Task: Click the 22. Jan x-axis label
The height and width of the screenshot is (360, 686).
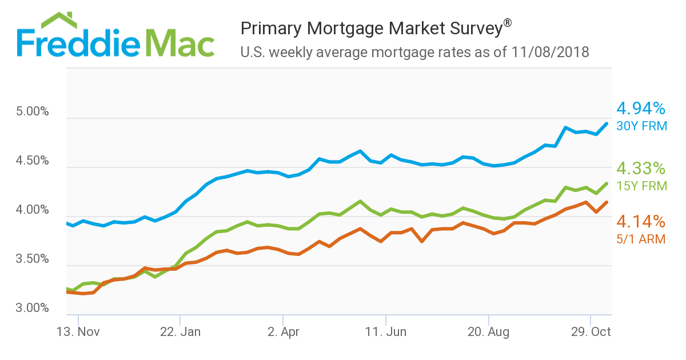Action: [x=180, y=332]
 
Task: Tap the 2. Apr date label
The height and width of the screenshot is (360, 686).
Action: [x=283, y=332]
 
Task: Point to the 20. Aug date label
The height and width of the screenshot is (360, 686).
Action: [x=489, y=332]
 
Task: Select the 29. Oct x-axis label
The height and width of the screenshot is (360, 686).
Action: [x=591, y=332]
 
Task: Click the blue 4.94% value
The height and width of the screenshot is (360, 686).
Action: [x=640, y=108]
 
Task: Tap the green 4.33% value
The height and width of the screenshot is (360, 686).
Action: [x=640, y=169]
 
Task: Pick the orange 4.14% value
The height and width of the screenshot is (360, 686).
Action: [x=640, y=222]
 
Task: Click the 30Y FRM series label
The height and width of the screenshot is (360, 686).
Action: [x=641, y=126]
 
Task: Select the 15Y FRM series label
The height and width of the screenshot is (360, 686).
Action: [x=641, y=186]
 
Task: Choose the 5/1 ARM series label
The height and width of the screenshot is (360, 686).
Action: [x=641, y=239]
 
